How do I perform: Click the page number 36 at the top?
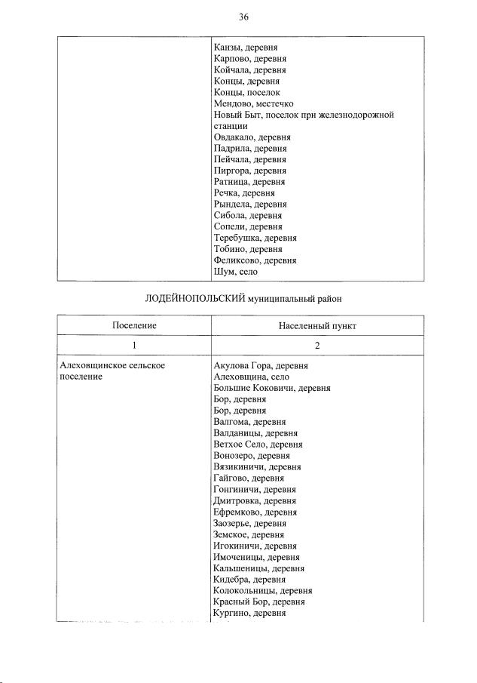(243, 17)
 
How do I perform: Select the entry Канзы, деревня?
(246, 48)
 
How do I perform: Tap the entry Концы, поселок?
(247, 92)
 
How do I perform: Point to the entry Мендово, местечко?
(254, 103)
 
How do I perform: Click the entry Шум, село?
(236, 272)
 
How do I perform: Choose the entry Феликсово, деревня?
(255, 260)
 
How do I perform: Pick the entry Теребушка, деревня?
(255, 238)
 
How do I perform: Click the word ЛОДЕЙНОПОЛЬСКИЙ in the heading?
(194, 300)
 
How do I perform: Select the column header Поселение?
(134, 325)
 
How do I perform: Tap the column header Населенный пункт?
(317, 325)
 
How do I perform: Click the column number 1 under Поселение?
(134, 345)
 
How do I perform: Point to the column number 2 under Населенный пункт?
(317, 345)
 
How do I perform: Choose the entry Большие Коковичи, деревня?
(272, 388)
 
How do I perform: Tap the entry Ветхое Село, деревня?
(256, 445)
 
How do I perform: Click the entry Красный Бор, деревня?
(259, 602)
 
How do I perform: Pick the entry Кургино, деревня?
(250, 614)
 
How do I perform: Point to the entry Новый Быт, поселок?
(304, 115)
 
